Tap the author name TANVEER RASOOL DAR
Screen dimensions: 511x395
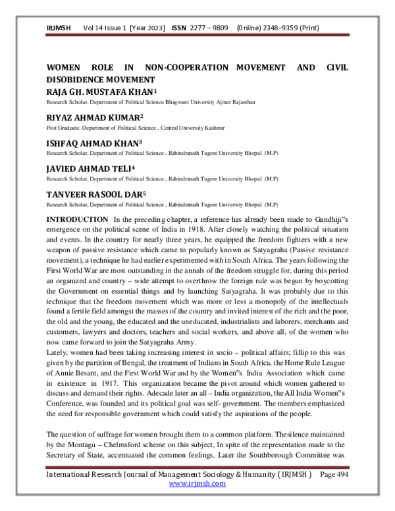click(x=93, y=194)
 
